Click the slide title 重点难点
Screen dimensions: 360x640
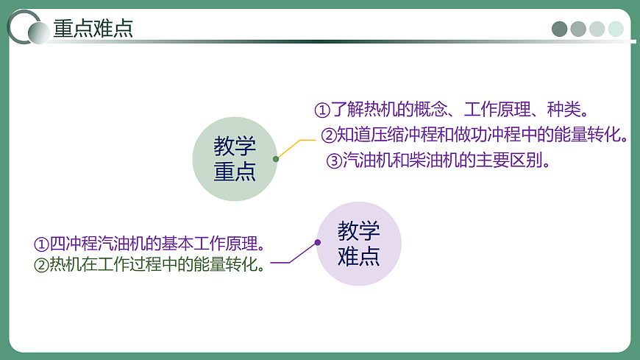click(93, 29)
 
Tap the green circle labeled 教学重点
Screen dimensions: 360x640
click(235, 158)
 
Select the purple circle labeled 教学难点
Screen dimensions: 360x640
click(359, 244)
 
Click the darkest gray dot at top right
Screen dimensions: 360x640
click(560, 29)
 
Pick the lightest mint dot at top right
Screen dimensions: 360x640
click(616, 29)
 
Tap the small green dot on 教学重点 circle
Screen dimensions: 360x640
click(276, 158)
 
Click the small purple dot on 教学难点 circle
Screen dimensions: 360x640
click(318, 242)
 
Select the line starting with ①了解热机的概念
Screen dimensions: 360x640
click(452, 110)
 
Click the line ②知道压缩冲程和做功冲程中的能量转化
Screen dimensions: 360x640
click(474, 135)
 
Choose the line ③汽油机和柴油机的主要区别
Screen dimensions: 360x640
click(438, 160)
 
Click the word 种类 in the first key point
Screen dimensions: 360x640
click(563, 110)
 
